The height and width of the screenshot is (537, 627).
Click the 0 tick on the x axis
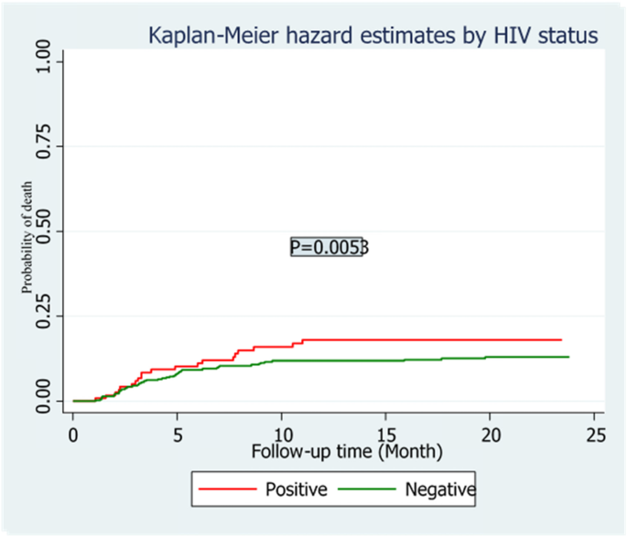tap(73, 434)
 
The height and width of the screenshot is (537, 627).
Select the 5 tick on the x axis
tap(178, 434)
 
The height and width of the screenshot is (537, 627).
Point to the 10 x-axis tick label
tap(282, 434)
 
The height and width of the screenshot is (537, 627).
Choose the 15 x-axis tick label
tap(386, 434)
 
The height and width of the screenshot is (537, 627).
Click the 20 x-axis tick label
tap(491, 434)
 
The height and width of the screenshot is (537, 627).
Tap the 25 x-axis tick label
tap(595, 434)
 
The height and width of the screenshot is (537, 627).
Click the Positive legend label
tap(296, 489)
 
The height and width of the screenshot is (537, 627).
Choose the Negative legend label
tap(439, 489)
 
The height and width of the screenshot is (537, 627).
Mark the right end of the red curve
tap(561, 339)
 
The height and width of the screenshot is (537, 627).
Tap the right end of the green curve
tap(568, 357)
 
